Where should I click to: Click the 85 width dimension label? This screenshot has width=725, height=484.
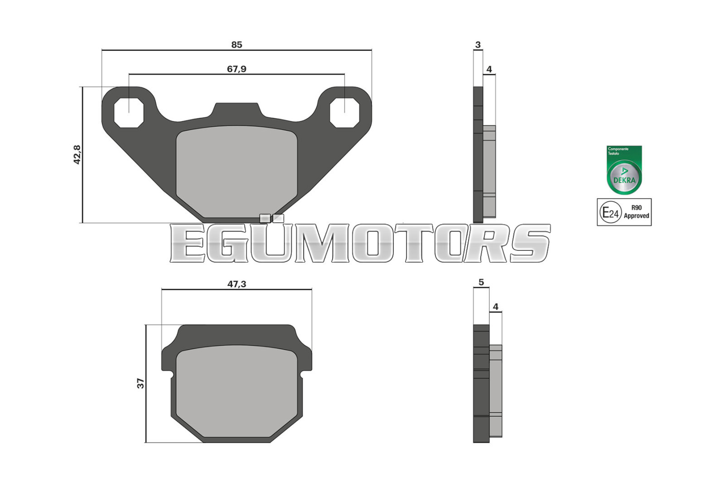237,45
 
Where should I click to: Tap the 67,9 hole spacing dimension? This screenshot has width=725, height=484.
237,69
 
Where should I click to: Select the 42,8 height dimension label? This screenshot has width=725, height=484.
77,155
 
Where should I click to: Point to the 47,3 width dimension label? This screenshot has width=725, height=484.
237,284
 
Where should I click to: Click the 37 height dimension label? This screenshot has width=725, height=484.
140,384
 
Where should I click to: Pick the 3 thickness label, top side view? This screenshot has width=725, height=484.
478,45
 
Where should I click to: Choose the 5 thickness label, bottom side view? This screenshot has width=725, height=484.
481,282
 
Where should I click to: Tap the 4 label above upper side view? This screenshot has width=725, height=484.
489,69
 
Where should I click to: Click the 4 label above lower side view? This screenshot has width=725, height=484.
495,307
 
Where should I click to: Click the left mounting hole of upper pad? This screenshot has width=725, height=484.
129,113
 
